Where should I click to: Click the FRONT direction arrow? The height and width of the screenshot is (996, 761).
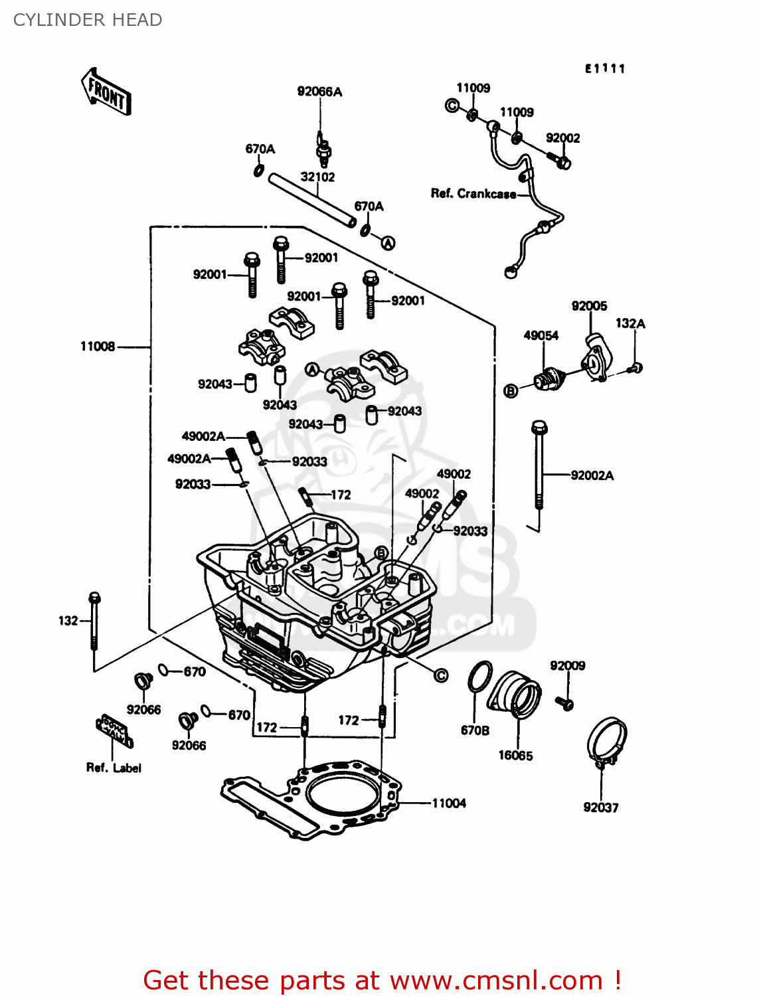coord(106,92)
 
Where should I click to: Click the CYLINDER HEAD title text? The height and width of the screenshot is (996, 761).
coord(88,20)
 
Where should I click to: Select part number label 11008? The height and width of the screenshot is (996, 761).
coord(98,346)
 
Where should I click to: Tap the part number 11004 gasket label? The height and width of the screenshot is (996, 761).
coord(449,803)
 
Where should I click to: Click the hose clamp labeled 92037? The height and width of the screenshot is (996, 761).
coord(606,740)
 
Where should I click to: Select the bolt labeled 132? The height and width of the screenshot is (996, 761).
coord(95,621)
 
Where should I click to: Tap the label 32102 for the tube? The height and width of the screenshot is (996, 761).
coord(317,177)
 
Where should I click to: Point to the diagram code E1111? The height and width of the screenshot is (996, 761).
coord(605,68)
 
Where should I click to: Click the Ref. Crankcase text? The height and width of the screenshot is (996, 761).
coord(473,194)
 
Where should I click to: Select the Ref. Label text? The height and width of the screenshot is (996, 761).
coord(114,768)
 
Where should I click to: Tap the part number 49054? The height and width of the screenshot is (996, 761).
coord(541,335)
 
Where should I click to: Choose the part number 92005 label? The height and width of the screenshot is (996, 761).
coord(589,305)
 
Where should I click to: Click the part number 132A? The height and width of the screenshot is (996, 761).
coord(630,323)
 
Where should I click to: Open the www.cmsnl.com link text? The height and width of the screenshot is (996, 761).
coord(495,980)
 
